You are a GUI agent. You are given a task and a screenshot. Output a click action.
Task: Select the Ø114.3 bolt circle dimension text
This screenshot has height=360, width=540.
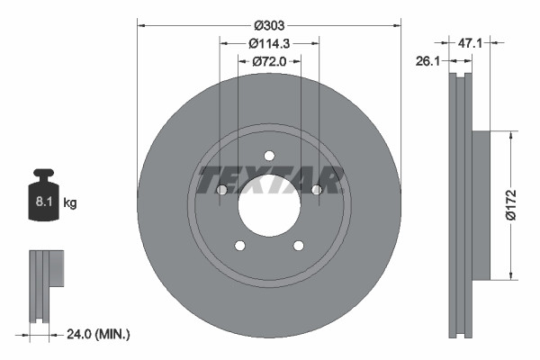pos(269,42)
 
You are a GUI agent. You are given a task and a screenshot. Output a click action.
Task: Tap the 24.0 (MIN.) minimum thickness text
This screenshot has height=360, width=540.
pos(99,334)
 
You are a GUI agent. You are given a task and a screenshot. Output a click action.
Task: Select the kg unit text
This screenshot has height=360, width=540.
pos(69,204)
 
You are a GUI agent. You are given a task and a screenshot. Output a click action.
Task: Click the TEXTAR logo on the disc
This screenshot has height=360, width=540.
pos(268,180)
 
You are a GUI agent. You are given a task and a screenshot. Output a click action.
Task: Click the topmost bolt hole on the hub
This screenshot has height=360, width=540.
pos(268,156)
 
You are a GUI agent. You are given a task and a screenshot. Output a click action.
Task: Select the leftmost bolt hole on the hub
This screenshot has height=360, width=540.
pos(221,190)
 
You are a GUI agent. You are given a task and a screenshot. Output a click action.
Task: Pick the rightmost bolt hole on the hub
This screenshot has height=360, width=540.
pos(316,190)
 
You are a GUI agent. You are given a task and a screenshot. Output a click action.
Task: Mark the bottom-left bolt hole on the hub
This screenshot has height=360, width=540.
pos(239,246)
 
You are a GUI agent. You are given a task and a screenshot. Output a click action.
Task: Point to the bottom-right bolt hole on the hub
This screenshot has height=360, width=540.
pos(298,246)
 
